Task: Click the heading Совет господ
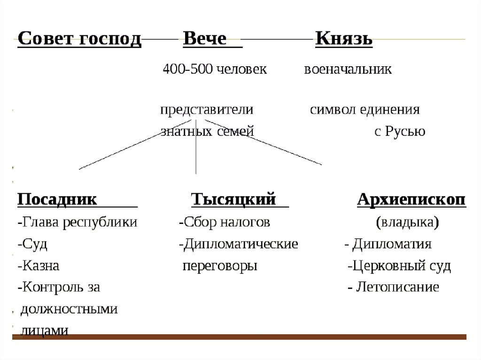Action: click(x=79, y=39)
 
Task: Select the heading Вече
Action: click(x=205, y=39)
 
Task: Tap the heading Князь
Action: click(x=344, y=39)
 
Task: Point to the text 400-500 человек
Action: click(x=215, y=69)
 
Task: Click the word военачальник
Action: click(x=348, y=69)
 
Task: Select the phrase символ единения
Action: click(x=365, y=110)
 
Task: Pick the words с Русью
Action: click(x=400, y=131)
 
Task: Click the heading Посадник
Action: click(x=57, y=199)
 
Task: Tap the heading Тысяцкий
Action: click(x=233, y=199)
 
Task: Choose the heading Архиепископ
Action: click(x=411, y=199)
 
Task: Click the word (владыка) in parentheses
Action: click(x=408, y=222)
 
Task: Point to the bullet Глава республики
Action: click(x=78, y=222)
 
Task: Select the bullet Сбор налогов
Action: click(x=225, y=222)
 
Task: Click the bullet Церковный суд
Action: click(x=400, y=266)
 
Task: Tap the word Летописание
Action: click(x=397, y=287)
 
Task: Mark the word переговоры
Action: click(x=220, y=266)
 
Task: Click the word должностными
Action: click(x=69, y=309)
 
